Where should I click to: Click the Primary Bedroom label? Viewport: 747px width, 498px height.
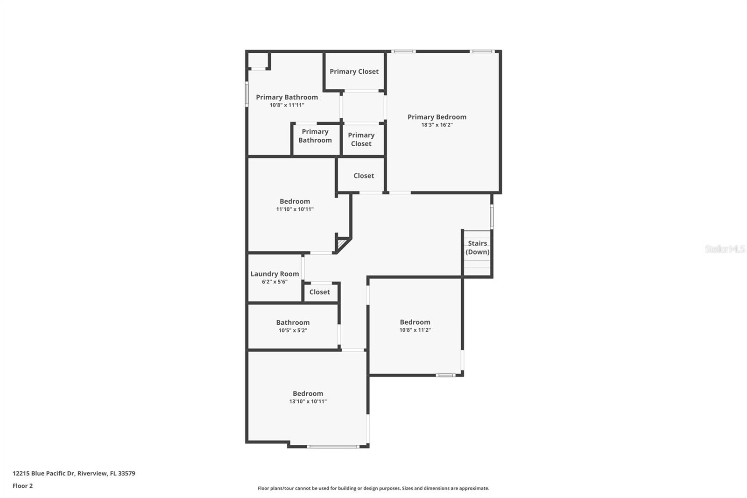pyautogui.click(x=437, y=117)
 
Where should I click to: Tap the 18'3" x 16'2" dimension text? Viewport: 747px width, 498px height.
pyautogui.click(x=437, y=125)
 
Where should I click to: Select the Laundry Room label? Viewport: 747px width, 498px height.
pyautogui.click(x=275, y=274)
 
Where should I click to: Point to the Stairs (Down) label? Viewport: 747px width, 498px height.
pyautogui.click(x=477, y=248)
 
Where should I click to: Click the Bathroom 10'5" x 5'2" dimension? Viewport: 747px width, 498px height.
pyautogui.click(x=293, y=330)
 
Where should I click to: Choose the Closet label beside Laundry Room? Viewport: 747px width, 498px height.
pyautogui.click(x=319, y=292)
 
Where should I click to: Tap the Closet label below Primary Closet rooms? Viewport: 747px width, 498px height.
pyautogui.click(x=364, y=176)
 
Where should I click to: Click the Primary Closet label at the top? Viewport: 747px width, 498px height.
pyautogui.click(x=354, y=71)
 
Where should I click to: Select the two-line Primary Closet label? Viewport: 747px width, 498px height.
pyautogui.click(x=361, y=139)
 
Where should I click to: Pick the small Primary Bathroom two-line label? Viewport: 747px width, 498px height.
pyautogui.click(x=315, y=136)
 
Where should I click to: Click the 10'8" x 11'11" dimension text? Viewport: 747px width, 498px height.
pyautogui.click(x=287, y=105)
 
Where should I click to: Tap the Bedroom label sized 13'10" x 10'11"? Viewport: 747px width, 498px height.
pyautogui.click(x=308, y=393)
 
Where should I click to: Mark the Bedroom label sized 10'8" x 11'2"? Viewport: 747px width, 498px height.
pyautogui.click(x=415, y=322)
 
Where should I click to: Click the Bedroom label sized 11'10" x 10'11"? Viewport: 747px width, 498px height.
pyautogui.click(x=295, y=201)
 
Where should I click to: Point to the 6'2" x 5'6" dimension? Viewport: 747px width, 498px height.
pyautogui.click(x=275, y=282)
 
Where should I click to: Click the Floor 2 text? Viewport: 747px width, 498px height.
pyautogui.click(x=22, y=486)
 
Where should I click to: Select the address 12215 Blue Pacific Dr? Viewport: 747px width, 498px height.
pyautogui.click(x=74, y=473)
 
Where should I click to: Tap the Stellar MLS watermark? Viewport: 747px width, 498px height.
pyautogui.click(x=725, y=249)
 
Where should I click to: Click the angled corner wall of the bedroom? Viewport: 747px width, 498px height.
pyautogui.click(x=343, y=245)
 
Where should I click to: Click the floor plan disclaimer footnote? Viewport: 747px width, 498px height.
pyautogui.click(x=373, y=488)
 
